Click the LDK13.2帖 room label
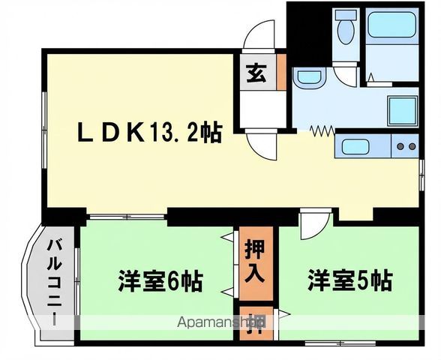tap(150, 134)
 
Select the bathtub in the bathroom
tap(391, 25)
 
